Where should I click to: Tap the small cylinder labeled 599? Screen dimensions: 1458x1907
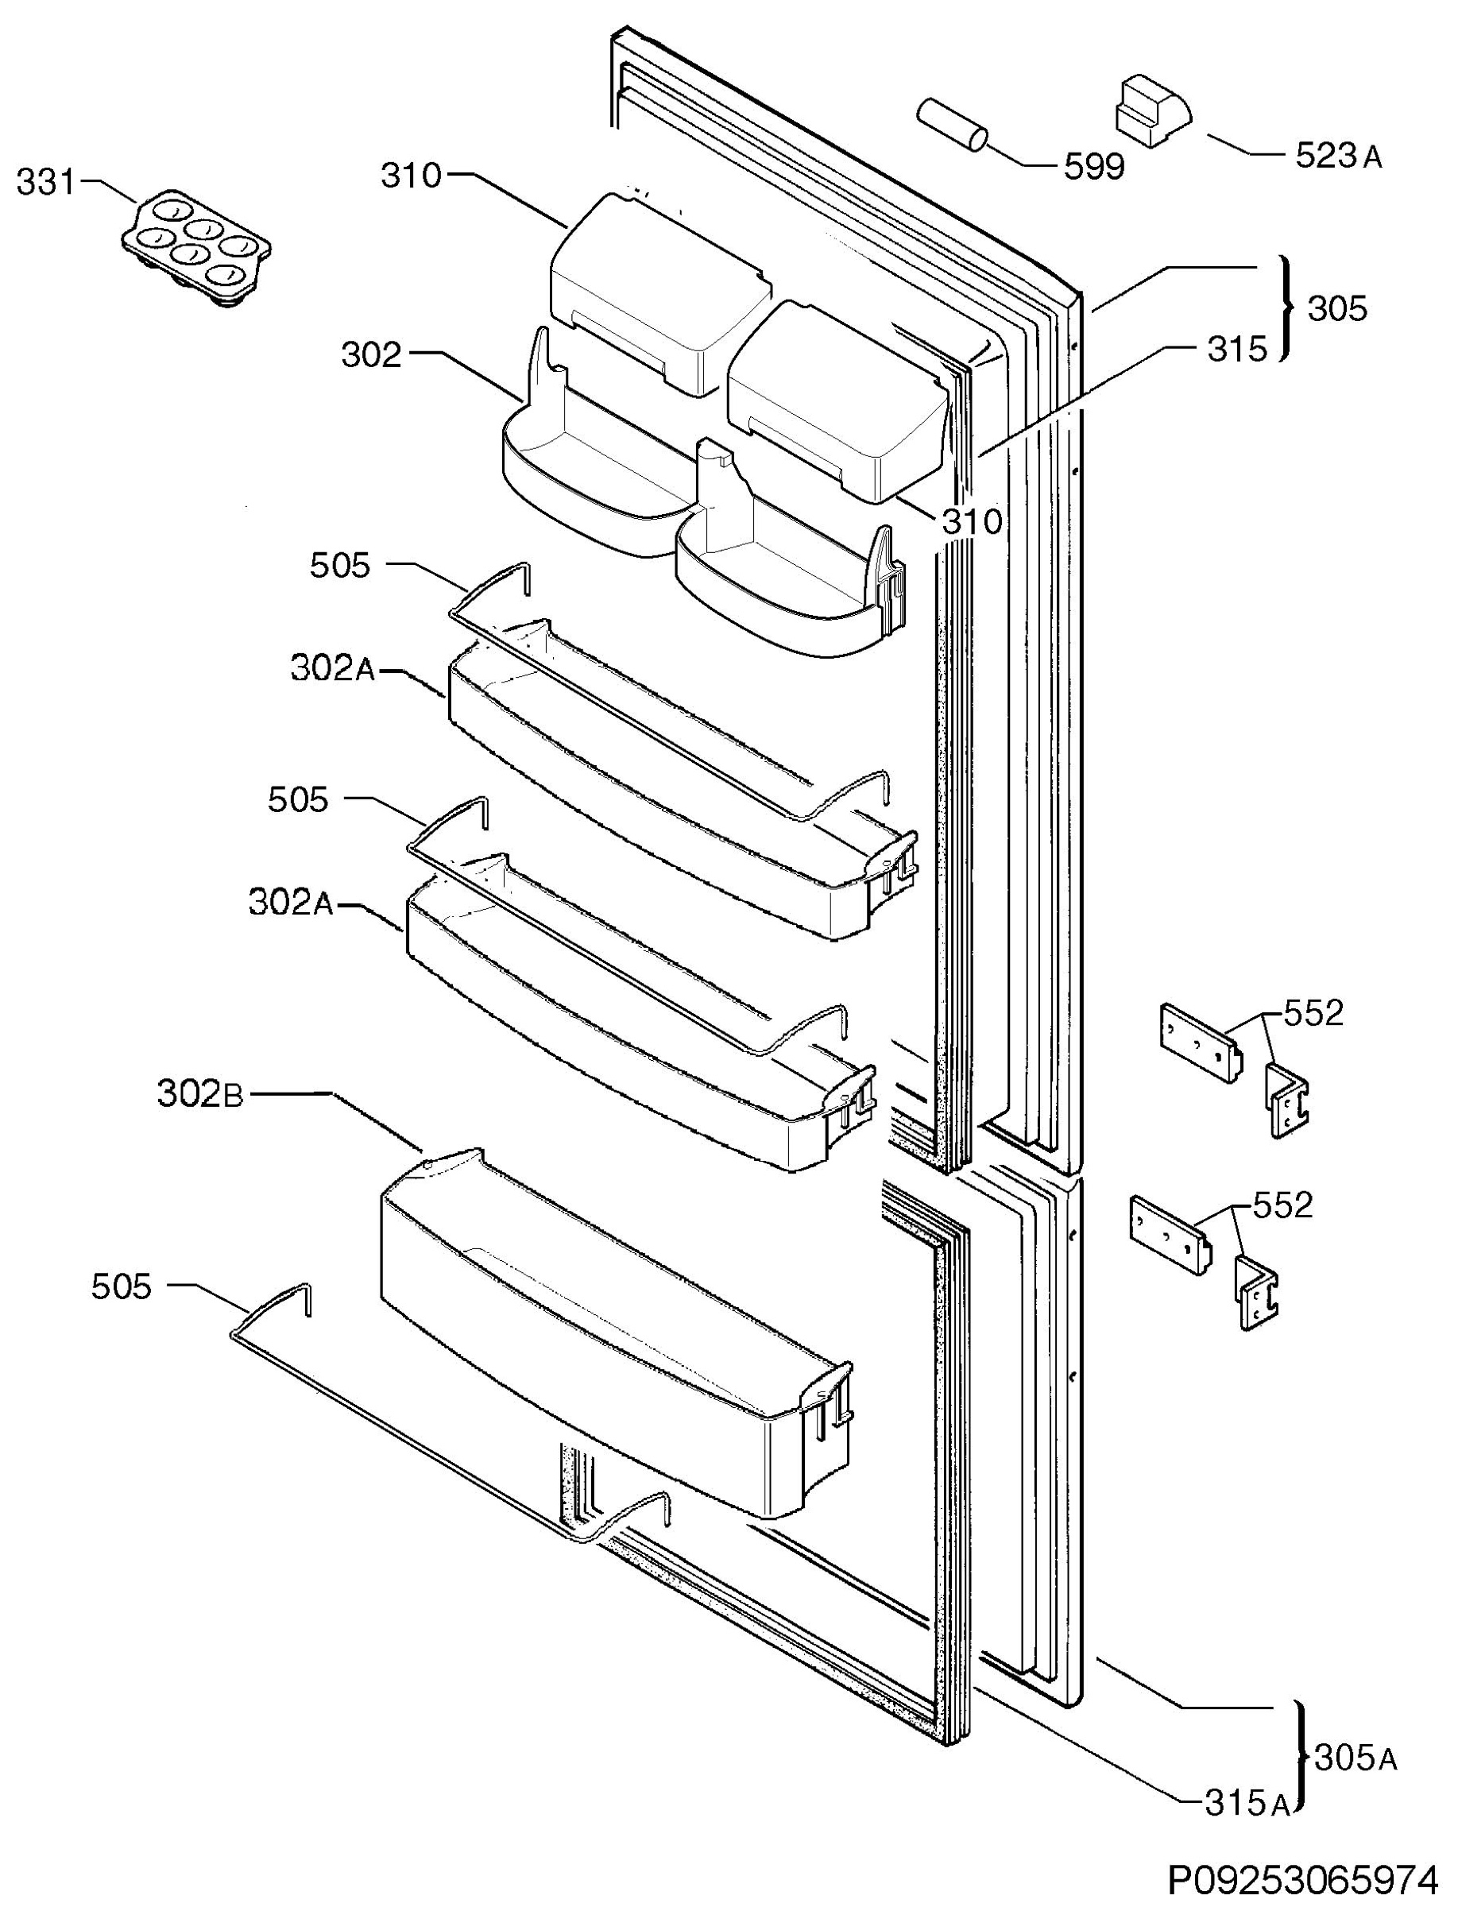coord(952,125)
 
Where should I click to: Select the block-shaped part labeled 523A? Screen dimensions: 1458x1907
coord(1151,110)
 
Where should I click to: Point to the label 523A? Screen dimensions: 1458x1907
coord(1338,156)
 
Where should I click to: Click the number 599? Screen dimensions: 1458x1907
coord(1094,167)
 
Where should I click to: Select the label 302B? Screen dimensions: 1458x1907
coord(200,1095)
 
